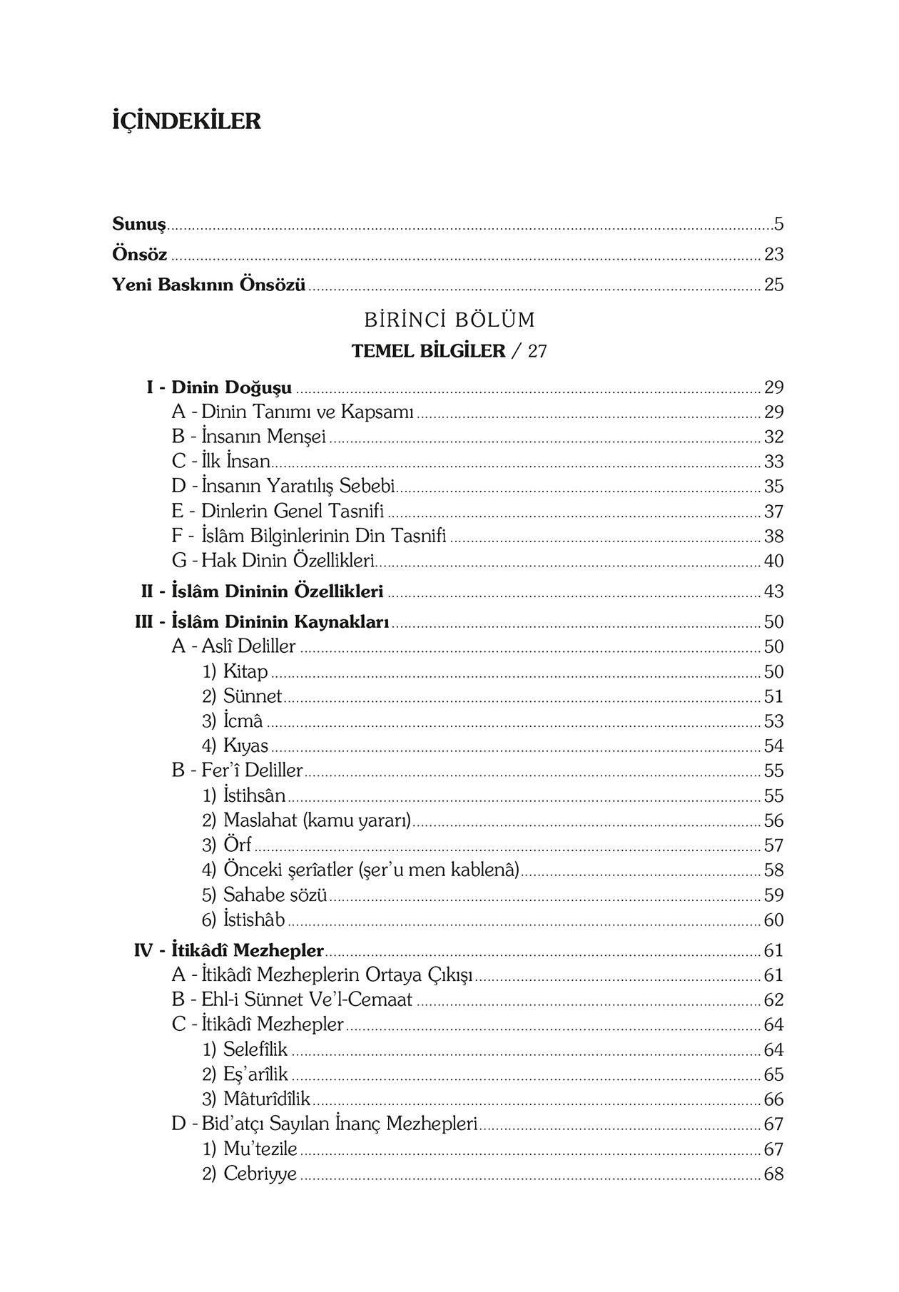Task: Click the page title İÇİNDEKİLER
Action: coord(187,121)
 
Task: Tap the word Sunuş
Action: coord(139,224)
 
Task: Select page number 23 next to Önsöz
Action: coord(773,255)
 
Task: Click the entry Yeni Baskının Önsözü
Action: coord(209,285)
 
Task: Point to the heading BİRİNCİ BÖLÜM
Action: coord(449,320)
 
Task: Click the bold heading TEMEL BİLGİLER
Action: coord(429,351)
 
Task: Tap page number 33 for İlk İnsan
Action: coord(773,462)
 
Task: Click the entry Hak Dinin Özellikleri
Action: coord(288,561)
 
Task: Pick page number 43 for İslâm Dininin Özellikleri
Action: coord(773,591)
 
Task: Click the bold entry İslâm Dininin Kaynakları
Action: coord(280,622)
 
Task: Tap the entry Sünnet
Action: coord(253,696)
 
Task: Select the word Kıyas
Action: coord(245,746)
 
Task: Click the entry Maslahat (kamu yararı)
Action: coord(318,820)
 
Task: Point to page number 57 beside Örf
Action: coord(773,845)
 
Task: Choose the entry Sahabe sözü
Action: coord(275,895)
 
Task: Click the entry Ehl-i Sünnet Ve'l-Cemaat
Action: coord(307,999)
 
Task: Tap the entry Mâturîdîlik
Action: coord(266,1099)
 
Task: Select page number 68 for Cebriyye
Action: coord(773,1174)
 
